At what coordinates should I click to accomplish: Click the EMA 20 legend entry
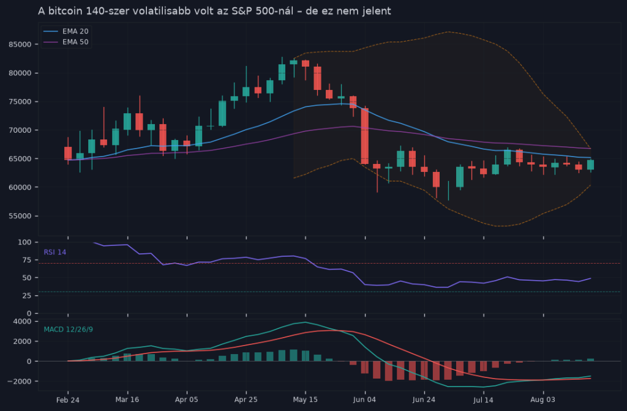click(x=66, y=31)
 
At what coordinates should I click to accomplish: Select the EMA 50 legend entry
click(x=66, y=42)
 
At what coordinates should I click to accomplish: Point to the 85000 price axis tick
click(x=20, y=44)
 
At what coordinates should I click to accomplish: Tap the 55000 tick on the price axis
click(x=20, y=216)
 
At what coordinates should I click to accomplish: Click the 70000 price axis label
click(x=20, y=130)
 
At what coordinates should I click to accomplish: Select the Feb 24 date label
click(x=67, y=400)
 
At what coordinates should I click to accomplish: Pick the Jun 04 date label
click(x=365, y=400)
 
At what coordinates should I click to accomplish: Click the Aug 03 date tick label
click(x=543, y=400)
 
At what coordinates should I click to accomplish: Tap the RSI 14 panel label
click(x=54, y=252)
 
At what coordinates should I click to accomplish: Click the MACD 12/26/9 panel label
click(x=69, y=330)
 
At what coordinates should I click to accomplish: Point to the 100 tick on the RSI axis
click(x=24, y=242)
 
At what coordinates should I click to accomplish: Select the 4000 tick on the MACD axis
click(x=23, y=322)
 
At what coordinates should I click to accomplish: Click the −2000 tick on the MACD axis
click(x=20, y=382)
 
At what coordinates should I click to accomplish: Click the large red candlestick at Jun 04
click(x=365, y=136)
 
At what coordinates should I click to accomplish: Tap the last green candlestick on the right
click(x=590, y=165)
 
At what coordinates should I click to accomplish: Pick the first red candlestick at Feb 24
click(x=68, y=153)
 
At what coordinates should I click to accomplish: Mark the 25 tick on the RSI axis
click(x=27, y=295)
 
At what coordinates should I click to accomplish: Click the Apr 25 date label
click(x=246, y=400)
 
